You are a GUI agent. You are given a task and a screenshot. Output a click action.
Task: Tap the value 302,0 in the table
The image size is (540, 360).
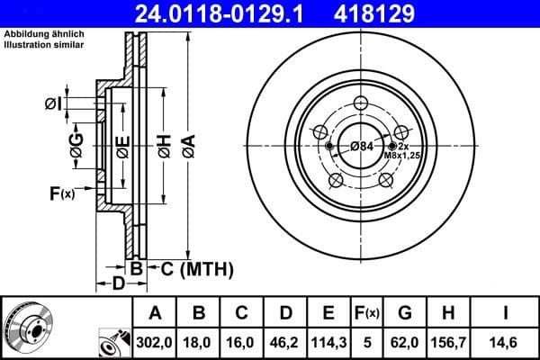click(154, 342)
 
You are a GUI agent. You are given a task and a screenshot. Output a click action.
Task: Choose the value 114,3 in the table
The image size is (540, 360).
click(329, 342)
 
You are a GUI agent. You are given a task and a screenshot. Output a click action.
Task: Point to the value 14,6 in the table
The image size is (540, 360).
click(506, 342)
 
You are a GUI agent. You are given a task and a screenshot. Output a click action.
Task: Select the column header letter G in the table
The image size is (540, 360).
click(405, 313)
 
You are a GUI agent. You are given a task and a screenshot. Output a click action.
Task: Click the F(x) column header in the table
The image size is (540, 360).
click(368, 313)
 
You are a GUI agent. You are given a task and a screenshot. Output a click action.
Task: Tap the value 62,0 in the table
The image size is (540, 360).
click(405, 342)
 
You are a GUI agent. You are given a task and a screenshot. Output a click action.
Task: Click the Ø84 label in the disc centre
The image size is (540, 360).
click(361, 146)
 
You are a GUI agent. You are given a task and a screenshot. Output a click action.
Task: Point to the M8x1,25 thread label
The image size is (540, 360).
click(401, 156)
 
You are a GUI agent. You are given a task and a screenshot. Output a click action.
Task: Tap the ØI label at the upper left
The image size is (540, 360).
click(53, 104)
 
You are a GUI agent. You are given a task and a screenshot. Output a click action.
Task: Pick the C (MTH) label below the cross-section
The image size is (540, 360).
click(196, 268)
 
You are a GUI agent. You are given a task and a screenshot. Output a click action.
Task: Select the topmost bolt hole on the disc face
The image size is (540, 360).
click(360, 102)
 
